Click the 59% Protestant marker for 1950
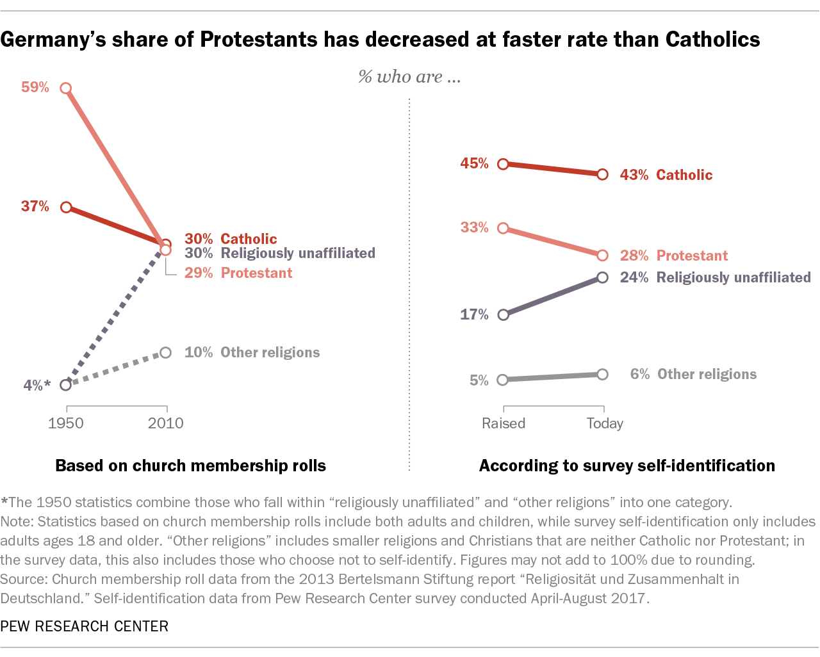click(65, 88)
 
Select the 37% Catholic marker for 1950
click(65, 207)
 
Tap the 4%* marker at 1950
click(65, 385)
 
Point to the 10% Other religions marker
click(166, 352)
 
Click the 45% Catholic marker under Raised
click(504, 164)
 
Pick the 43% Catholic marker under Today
click(602, 174)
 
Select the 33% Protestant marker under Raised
click(504, 228)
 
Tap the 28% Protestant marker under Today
click(602, 255)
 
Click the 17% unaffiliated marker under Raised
click(504, 314)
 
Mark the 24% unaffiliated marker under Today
click(602, 277)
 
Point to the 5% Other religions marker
click(504, 380)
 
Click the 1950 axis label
click(66, 423)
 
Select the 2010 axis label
click(166, 423)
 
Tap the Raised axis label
click(504, 423)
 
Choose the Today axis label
click(605, 423)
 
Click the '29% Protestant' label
click(238, 273)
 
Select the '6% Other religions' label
click(693, 374)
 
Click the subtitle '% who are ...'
click(409, 77)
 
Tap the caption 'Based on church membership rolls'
click(191, 466)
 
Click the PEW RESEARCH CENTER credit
click(85, 626)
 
